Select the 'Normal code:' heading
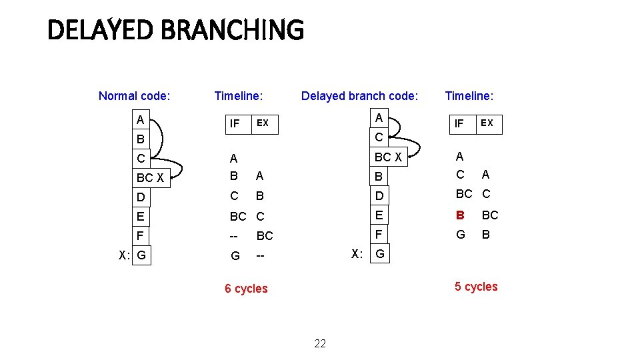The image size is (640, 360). pos(134,96)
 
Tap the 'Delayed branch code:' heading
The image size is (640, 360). pos(359,96)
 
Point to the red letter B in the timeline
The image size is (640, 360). pos(459,215)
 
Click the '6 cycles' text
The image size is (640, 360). pos(246,289)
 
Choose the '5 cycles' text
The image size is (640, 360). pos(476,287)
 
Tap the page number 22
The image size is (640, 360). pos(320,343)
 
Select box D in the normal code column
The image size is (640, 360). pos(141,197)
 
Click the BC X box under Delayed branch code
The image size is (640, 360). pos(388,157)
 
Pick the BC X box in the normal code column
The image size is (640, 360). pos(151,178)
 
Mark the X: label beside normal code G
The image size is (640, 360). pos(124,255)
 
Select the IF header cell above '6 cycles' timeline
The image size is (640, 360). pos(235,123)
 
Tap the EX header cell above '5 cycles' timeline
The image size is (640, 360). pos(487,123)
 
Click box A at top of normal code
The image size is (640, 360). pos(141,120)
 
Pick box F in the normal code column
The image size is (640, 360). pos(141,236)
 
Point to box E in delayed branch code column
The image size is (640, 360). pos(380,215)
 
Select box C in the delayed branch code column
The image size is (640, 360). pos(379,138)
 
